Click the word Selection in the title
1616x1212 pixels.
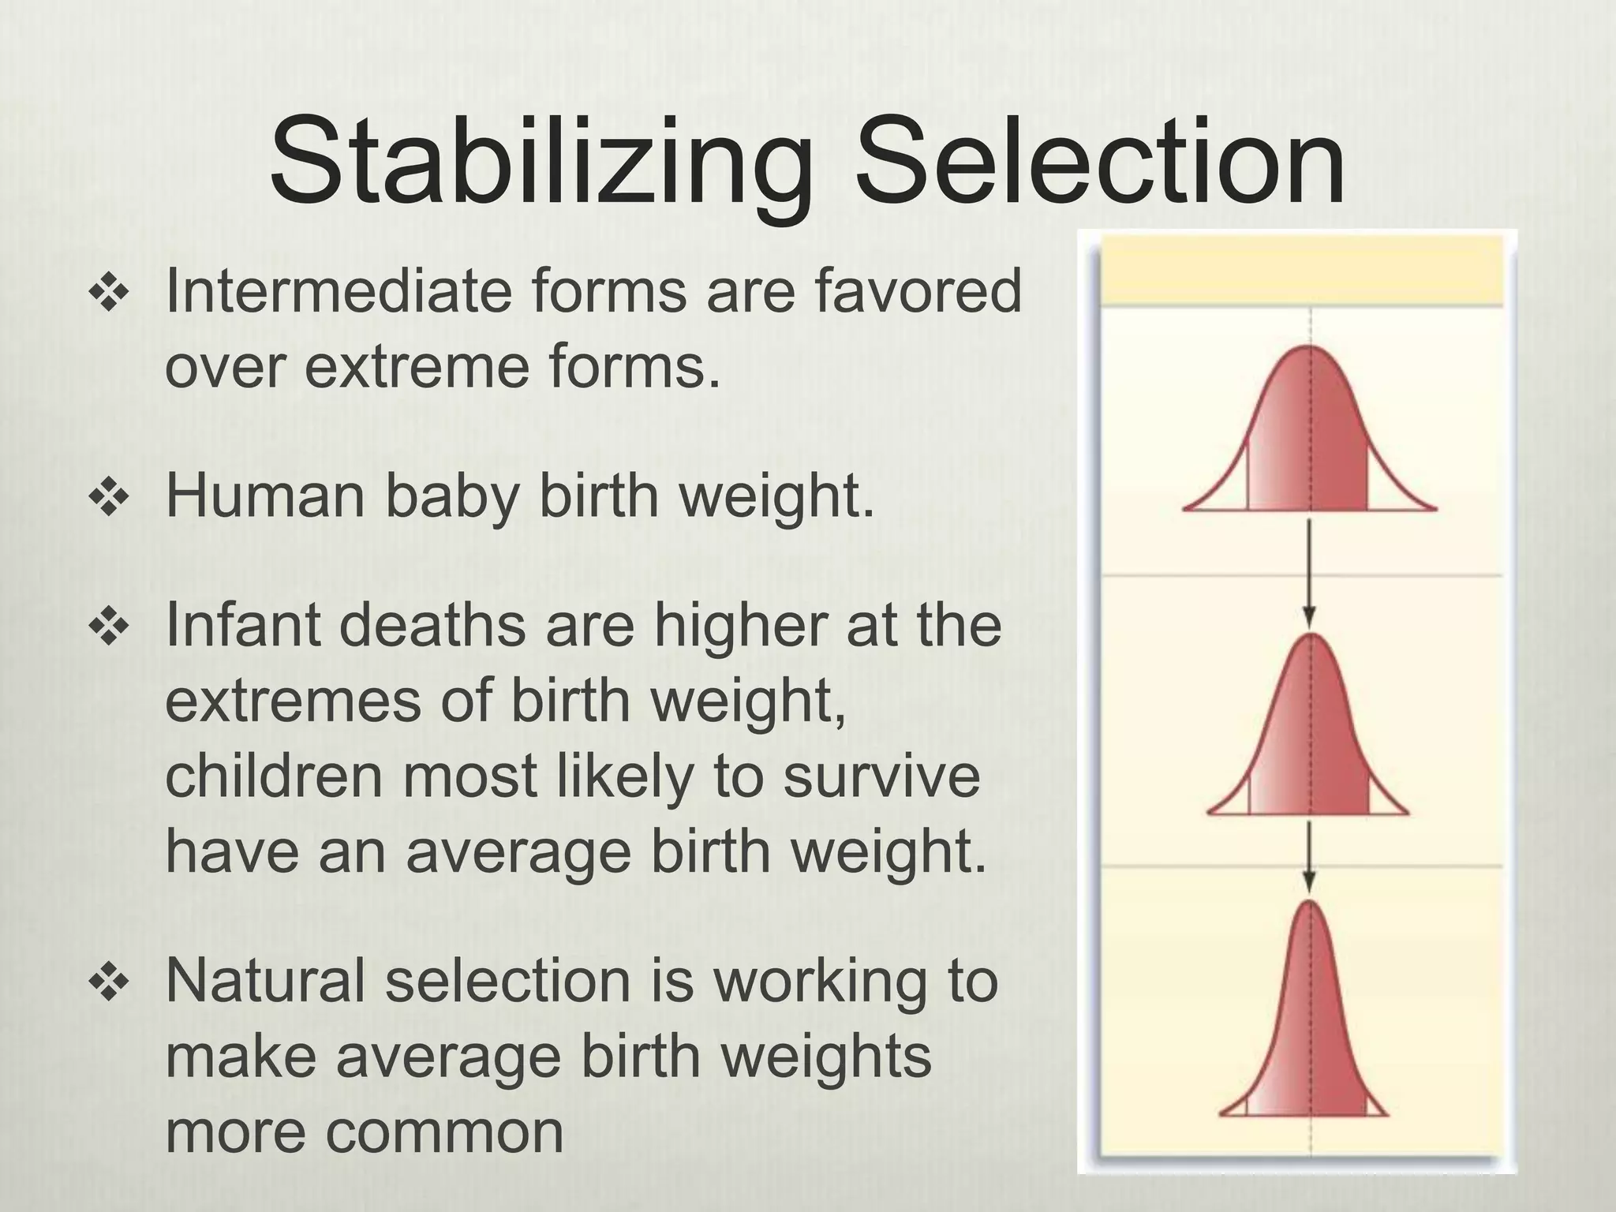pyautogui.click(x=1100, y=162)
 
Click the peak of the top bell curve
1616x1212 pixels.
pyautogui.click(x=1310, y=348)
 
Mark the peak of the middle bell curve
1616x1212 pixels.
pyautogui.click(x=1311, y=636)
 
